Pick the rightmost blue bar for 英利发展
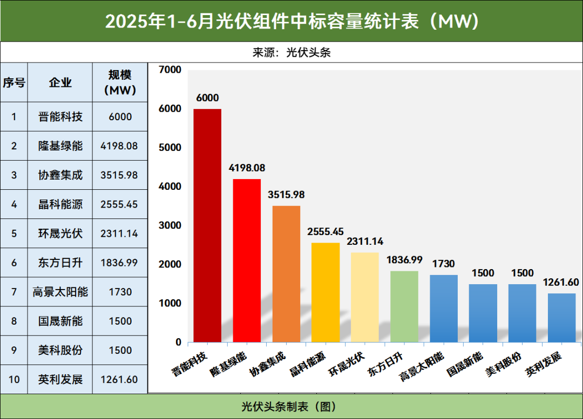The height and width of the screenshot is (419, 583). (561, 318)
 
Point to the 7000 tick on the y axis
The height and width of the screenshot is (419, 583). (171, 70)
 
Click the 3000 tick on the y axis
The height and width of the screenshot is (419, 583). (171, 225)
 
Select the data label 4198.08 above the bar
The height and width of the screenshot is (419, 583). (247, 168)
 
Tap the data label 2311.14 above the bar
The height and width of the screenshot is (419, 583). (365, 242)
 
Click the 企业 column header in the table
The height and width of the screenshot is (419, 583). (60, 83)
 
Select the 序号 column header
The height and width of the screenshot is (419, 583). (14, 83)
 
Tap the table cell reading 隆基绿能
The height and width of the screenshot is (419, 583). (60, 146)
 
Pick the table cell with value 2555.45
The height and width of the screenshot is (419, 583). (119, 204)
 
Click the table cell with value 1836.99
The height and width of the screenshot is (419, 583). (119, 263)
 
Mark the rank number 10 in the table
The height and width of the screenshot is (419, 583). (14, 379)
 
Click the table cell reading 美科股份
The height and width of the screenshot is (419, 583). (60, 350)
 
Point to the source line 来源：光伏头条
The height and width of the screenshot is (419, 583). (291, 52)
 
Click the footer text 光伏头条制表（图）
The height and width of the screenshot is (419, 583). (291, 406)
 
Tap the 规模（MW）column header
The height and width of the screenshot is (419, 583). (119, 83)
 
